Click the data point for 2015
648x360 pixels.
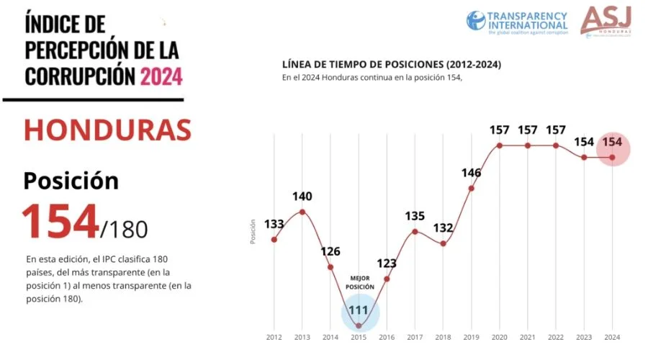(x=359, y=326)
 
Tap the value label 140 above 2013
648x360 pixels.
(x=302, y=196)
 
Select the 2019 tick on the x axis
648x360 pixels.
(x=471, y=337)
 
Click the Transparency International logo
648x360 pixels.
(x=516, y=21)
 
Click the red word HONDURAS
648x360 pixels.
(x=107, y=130)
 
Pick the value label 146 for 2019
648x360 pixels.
(x=471, y=173)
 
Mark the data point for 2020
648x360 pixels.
(x=499, y=145)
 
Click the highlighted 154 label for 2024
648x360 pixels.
(x=612, y=141)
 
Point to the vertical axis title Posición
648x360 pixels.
(x=253, y=232)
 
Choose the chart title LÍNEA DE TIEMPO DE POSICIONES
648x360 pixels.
(x=392, y=64)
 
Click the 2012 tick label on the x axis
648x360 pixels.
(x=274, y=337)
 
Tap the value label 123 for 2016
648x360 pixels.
(x=387, y=264)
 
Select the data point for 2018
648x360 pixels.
(x=443, y=243)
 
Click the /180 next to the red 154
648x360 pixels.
(x=125, y=229)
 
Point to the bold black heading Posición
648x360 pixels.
(x=71, y=181)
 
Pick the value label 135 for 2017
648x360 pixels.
(x=415, y=215)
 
